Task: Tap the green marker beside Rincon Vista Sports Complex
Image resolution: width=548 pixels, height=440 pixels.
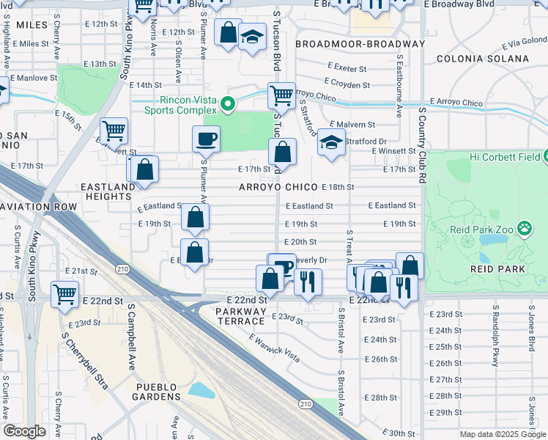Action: pos(228,104)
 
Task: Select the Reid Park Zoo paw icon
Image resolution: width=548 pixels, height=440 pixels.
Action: pos(525,230)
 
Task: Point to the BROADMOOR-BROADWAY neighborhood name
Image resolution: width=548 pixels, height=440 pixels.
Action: pos(360,44)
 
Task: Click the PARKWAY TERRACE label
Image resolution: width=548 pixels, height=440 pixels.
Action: pos(240,317)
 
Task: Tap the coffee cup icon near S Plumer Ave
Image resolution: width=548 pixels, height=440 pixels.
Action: pos(206,138)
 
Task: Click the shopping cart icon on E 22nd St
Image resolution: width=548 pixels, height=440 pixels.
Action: pos(65,293)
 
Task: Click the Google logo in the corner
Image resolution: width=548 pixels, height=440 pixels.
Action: pos(24,431)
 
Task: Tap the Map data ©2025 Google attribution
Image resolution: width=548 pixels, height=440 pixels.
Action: pos(503,434)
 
